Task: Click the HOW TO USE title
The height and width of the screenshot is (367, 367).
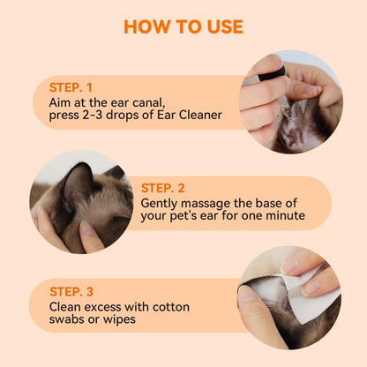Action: point(183,26)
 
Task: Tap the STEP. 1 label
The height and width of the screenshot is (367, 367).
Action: point(71,87)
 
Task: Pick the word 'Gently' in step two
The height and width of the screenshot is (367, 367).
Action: point(161,202)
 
